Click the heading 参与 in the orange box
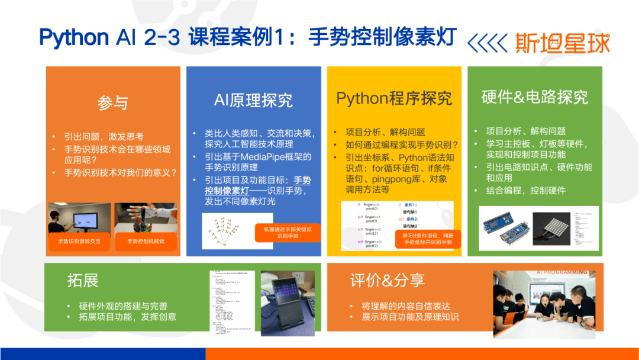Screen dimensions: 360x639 coord(113,102)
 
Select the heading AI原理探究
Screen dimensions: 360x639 coord(253,100)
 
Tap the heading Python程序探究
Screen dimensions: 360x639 coord(394,98)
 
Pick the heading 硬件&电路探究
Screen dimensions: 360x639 coord(535,97)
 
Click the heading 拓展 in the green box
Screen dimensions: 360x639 coord(83,280)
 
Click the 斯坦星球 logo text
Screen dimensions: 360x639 coord(562,43)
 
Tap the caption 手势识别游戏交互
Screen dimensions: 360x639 coord(79,242)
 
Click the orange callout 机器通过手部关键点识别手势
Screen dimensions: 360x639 coord(288,232)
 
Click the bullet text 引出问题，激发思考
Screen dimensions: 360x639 coord(104,136)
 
